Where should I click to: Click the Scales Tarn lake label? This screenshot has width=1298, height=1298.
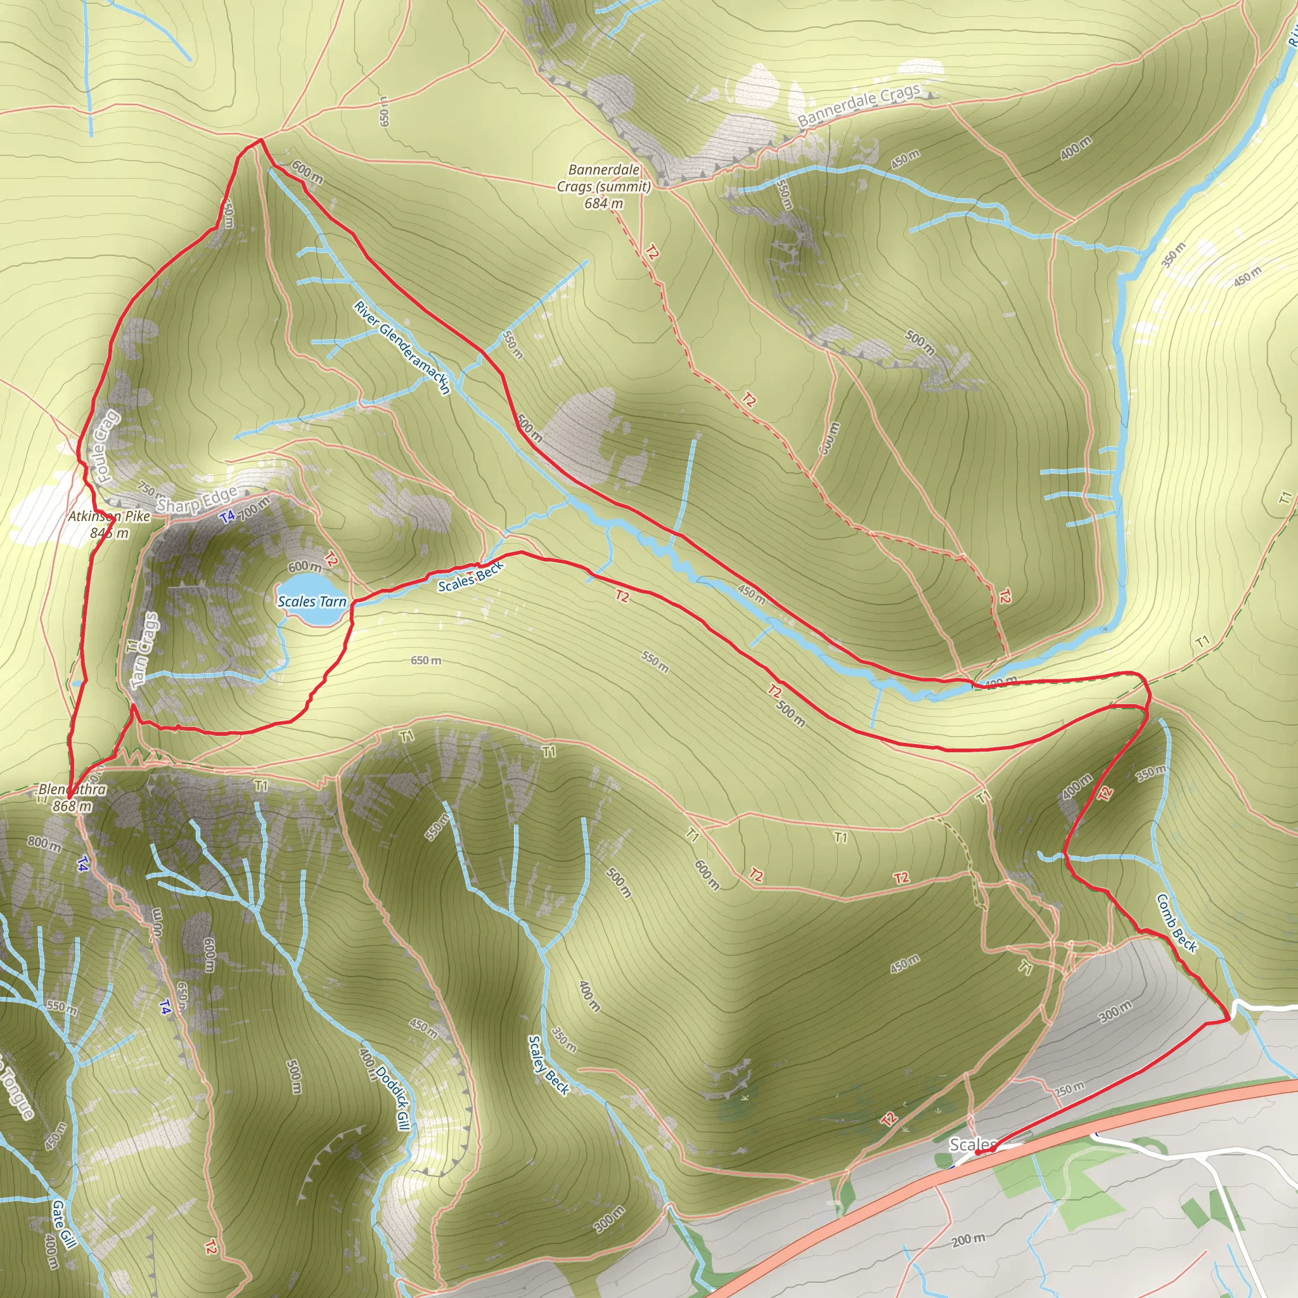pos(312,601)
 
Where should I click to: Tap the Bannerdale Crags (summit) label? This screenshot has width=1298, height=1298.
pos(603,178)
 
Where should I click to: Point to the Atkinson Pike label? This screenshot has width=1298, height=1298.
pos(109,517)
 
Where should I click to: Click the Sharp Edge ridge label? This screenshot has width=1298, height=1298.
pos(197,499)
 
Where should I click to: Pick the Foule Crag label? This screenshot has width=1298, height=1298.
pos(105,446)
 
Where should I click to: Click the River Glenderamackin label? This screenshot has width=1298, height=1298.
pos(402,348)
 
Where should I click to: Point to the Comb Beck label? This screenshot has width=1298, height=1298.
pos(1176,923)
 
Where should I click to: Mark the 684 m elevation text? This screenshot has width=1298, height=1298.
pos(603,203)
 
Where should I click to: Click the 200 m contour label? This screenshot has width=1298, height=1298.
pos(969,1239)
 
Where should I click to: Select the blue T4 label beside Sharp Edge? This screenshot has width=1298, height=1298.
pos(227,517)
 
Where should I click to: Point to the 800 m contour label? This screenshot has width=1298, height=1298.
pos(44,843)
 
